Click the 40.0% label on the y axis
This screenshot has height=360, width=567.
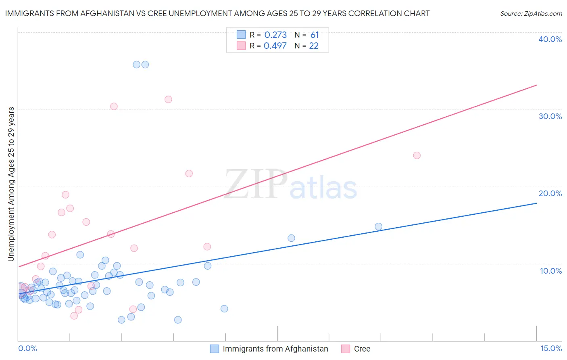click(550, 39)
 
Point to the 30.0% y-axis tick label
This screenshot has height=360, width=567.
click(550, 116)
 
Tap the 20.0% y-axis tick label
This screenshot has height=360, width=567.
click(550, 193)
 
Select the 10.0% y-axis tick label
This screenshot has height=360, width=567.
click(551, 271)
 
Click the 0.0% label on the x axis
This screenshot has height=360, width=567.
click(27, 348)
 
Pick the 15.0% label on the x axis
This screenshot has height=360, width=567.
click(551, 348)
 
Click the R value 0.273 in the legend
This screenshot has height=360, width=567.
click(275, 35)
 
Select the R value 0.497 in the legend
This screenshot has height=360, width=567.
click(275, 46)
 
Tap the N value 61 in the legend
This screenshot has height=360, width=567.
click(315, 35)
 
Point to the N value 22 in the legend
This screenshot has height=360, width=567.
click(314, 46)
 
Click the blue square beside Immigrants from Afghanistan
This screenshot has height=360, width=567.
click(215, 349)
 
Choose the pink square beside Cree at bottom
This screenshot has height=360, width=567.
click(346, 349)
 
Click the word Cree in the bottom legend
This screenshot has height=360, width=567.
click(362, 349)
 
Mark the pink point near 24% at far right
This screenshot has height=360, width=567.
click(417, 155)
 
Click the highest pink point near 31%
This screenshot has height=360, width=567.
click(168, 99)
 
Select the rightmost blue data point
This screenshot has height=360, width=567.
click(378, 226)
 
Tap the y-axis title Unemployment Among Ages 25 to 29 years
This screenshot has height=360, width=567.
click(11, 184)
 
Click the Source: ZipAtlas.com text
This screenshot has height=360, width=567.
click(531, 14)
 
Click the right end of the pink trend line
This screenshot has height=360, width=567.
click(536, 85)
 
